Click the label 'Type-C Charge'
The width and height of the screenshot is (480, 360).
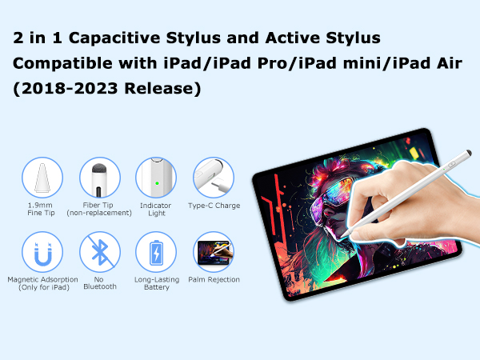point(214,206)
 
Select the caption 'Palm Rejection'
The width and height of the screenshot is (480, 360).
point(214,280)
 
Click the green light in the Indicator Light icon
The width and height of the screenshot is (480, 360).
point(157,181)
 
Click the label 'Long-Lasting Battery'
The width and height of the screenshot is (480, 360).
point(157,283)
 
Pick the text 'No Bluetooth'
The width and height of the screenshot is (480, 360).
point(100,283)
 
